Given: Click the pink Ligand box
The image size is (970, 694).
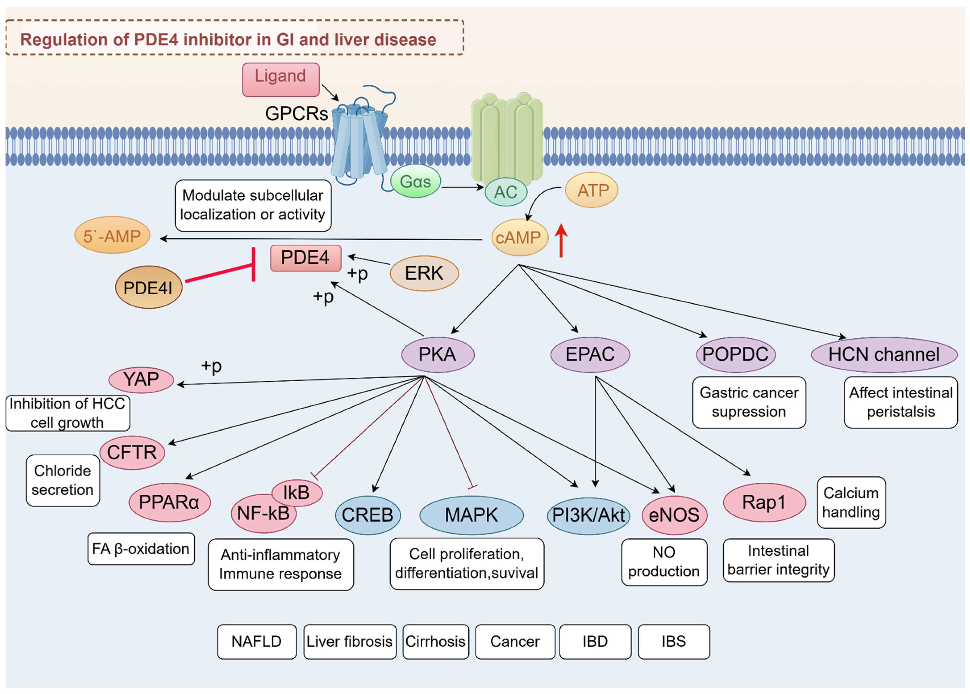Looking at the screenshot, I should [280, 79].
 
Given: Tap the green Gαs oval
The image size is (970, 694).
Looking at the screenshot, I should [415, 181].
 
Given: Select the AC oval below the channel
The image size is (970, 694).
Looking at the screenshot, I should [505, 192].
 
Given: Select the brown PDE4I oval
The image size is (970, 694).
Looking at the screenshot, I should [148, 287].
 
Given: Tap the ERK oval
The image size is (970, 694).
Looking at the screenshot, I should [424, 273].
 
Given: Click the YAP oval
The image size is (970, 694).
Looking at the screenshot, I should [141, 380].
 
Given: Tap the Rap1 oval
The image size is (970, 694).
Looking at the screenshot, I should [764, 502].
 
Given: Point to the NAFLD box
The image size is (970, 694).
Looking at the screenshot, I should [256, 641].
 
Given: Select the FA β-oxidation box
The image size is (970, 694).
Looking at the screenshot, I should [141, 549].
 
